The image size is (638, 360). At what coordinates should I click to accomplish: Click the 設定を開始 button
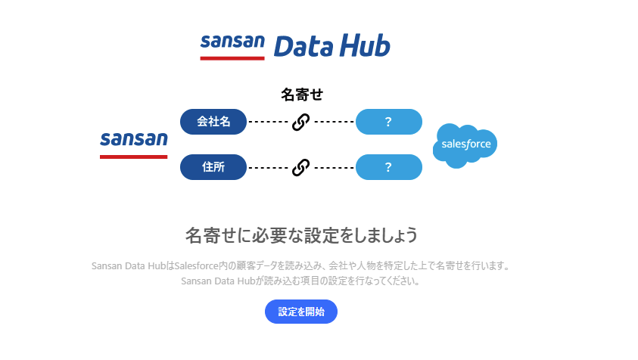point(301,312)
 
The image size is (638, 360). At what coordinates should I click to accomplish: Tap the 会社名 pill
point(213,122)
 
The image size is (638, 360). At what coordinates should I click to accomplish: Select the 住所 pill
point(213,167)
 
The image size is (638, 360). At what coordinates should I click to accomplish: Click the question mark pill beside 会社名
point(388,122)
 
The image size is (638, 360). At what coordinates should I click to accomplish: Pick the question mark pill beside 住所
point(388,167)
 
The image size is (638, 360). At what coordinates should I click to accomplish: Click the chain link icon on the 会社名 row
point(300,122)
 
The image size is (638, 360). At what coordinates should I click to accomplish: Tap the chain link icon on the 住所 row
point(300,168)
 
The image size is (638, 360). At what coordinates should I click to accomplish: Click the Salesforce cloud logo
point(465,145)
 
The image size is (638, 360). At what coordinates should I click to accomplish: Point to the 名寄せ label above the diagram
point(302,95)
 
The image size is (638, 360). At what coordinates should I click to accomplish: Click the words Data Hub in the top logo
point(332,45)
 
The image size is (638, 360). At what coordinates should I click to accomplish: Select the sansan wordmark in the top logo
point(232,42)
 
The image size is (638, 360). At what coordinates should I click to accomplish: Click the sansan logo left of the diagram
point(133,145)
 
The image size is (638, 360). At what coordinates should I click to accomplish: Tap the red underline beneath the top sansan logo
point(232,58)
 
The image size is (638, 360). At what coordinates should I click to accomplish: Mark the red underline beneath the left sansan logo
point(133,157)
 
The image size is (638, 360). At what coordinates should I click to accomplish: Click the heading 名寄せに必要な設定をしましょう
point(301,235)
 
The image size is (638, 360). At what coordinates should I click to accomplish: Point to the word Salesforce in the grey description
point(197,266)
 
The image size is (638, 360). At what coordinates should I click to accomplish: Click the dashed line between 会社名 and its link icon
point(268,122)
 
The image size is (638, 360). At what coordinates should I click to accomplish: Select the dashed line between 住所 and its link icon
point(268,168)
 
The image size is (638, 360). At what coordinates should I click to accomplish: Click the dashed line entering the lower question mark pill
point(334,168)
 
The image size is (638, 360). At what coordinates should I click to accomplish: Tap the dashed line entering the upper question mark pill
point(334,122)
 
